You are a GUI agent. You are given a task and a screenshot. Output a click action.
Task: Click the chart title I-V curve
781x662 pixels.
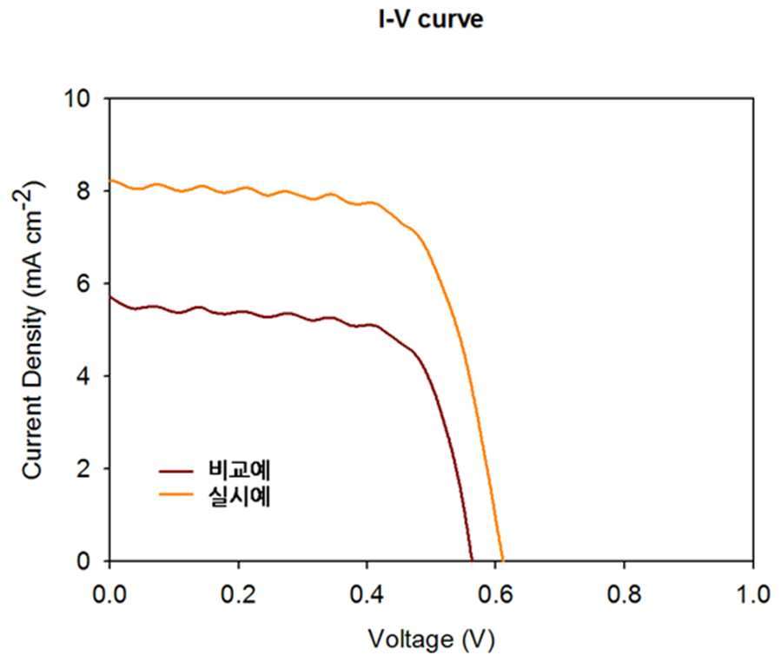tap(431, 19)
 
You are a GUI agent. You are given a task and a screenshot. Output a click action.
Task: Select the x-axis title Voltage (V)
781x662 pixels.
tap(432, 639)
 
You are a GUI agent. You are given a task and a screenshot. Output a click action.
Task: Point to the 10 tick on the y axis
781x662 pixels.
tap(78, 99)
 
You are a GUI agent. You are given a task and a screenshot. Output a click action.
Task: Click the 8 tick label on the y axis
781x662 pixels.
tap(83, 191)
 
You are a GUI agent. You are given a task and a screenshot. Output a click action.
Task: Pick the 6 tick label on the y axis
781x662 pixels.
tap(83, 283)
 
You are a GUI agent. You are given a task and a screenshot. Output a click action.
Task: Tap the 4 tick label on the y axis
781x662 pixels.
tap(83, 375)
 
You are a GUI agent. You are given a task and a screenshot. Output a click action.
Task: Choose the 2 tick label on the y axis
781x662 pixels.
tap(83, 468)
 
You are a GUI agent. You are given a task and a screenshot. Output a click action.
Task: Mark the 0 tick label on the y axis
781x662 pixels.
tap(83, 561)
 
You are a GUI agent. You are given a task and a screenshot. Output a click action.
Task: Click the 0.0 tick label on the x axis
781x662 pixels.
tap(109, 594)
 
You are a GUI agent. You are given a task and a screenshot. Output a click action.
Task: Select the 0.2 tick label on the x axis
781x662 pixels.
tap(238, 594)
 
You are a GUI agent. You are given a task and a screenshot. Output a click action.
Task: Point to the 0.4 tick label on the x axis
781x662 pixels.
tap(367, 594)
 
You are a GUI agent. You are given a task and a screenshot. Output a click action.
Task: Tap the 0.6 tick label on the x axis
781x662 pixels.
tap(495, 594)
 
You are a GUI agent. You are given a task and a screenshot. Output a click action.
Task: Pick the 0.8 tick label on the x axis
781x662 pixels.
tap(624, 594)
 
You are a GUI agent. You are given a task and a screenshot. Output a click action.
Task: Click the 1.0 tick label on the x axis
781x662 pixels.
tap(753, 594)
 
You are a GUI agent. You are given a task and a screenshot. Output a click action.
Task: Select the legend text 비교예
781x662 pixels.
tap(239, 470)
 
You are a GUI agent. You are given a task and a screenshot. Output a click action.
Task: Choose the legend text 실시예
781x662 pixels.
tap(239, 496)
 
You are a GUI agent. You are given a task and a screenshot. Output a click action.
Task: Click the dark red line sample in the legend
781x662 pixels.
tap(175, 470)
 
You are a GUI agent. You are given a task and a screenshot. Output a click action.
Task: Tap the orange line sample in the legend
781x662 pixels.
tap(175, 494)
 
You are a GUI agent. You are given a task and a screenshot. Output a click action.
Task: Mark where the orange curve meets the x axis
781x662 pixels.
tap(503, 560)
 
